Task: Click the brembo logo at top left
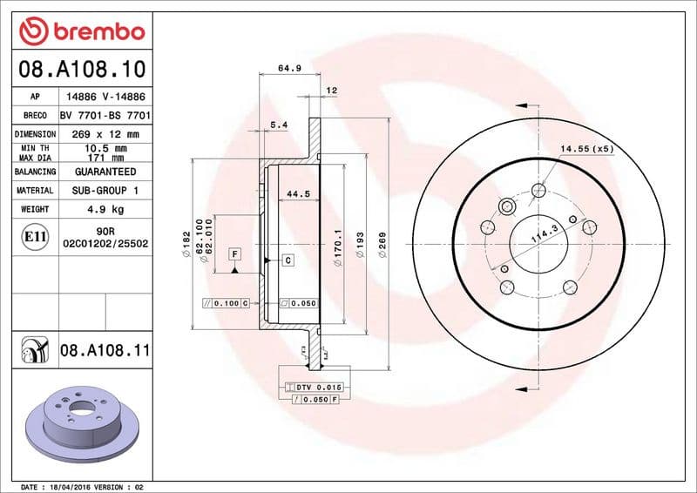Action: [81, 31]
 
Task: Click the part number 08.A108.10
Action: [81, 67]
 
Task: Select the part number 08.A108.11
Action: [105, 351]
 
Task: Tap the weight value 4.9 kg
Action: [105, 210]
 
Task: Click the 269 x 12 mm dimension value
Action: [105, 134]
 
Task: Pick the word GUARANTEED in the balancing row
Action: [105, 172]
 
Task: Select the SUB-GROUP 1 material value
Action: [105, 191]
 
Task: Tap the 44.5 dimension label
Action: [299, 195]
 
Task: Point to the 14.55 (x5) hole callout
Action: [586, 149]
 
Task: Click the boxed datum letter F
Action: [234, 253]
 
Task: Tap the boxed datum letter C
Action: [288, 260]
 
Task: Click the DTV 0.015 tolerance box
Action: [309, 386]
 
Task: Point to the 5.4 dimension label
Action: [279, 125]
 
